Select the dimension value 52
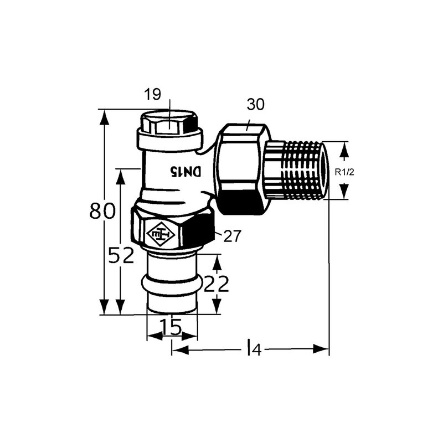point(121,255)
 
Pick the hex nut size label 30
point(257,105)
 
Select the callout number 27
point(233,236)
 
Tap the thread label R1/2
point(344,172)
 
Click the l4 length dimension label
point(253,349)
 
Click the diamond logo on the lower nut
point(159,236)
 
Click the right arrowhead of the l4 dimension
point(322,349)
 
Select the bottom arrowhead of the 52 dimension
point(120,307)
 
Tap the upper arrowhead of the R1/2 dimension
point(344,149)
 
